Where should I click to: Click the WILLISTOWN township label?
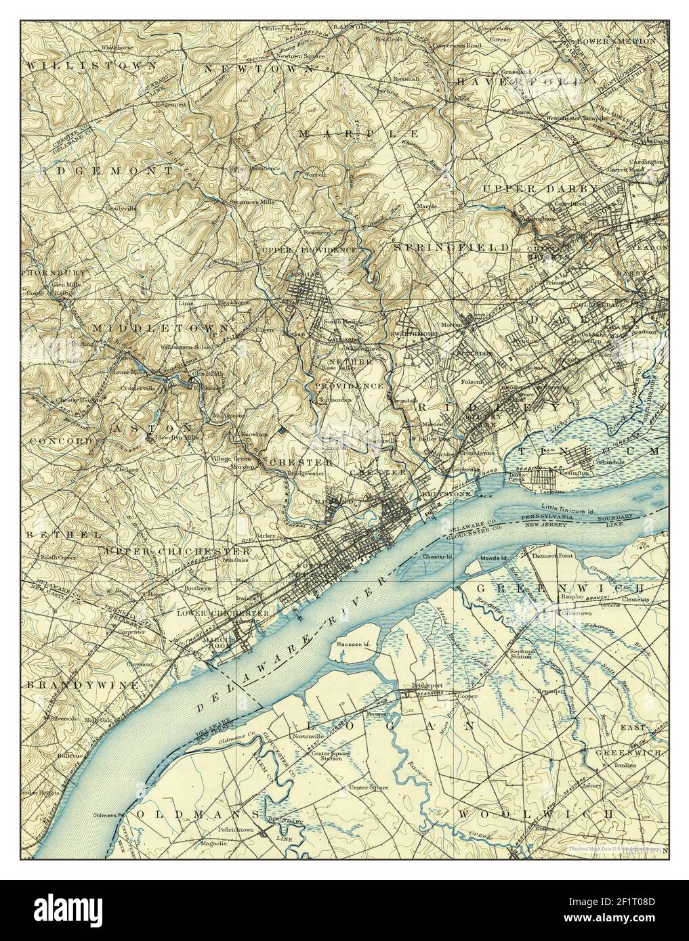tap(92, 65)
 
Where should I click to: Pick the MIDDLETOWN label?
tap(160, 328)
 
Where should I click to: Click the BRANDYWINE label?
tap(84, 685)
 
